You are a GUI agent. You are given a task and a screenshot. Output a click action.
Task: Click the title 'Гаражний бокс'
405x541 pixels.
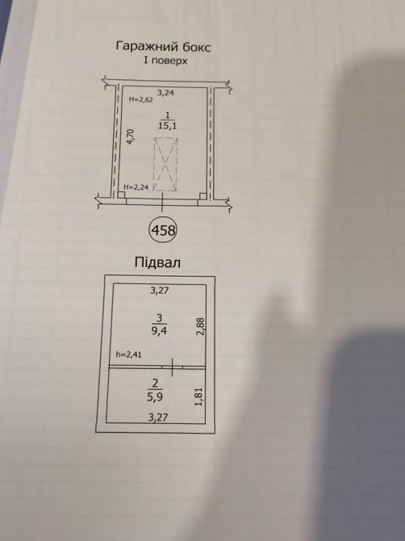coord(163,47)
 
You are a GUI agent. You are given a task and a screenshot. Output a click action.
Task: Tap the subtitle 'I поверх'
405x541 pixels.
coord(165,61)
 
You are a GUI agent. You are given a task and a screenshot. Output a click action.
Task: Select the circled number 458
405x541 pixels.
coord(163,230)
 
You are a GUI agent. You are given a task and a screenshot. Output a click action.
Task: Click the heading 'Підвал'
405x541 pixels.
coord(157,263)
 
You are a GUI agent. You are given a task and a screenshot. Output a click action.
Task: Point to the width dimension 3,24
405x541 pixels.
coord(165,93)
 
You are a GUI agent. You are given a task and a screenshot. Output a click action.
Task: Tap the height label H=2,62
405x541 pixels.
coord(141,99)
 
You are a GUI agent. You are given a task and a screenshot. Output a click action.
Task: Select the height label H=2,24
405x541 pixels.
coord(136,187)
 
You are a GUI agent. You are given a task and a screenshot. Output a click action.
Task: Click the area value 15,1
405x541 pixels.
coord(168,126)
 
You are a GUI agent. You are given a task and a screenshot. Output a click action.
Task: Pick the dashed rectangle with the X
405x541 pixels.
coord(165,164)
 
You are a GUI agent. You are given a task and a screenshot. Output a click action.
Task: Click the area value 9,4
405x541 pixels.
coord(159,331)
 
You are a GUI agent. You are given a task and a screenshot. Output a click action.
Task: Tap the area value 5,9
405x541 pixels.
coord(155,397)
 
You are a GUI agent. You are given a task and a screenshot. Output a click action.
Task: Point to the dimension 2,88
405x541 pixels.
coord(201,326)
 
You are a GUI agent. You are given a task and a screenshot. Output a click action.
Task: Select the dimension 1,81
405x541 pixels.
coord(199,396)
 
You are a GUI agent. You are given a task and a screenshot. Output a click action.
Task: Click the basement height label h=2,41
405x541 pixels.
coord(128,354)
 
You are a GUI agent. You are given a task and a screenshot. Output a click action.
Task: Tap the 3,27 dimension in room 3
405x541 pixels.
coord(160,291)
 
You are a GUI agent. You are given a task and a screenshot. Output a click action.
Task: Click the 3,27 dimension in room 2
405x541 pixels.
coord(158,417)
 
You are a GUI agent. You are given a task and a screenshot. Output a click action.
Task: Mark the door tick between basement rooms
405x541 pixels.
coord(172,367)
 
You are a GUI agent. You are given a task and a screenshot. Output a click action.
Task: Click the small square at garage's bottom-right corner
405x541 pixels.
coord(203,196)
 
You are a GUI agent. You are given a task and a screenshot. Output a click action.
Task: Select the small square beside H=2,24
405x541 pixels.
coord(121,195)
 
